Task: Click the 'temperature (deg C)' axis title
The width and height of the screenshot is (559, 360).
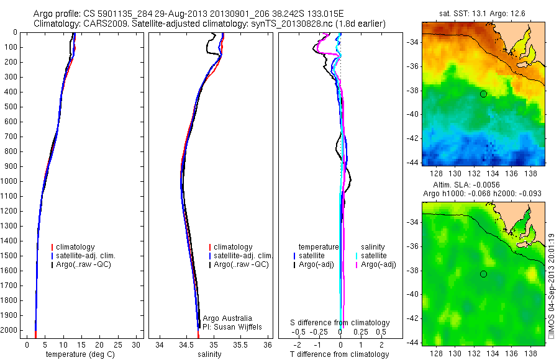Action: tap(81, 354)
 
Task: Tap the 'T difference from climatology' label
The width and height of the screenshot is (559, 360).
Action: tap(340, 354)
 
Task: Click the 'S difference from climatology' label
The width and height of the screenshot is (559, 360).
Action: tap(340, 323)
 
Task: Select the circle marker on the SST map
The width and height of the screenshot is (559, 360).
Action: tap(483, 94)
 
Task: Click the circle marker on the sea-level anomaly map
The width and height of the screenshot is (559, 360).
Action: tap(483, 274)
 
